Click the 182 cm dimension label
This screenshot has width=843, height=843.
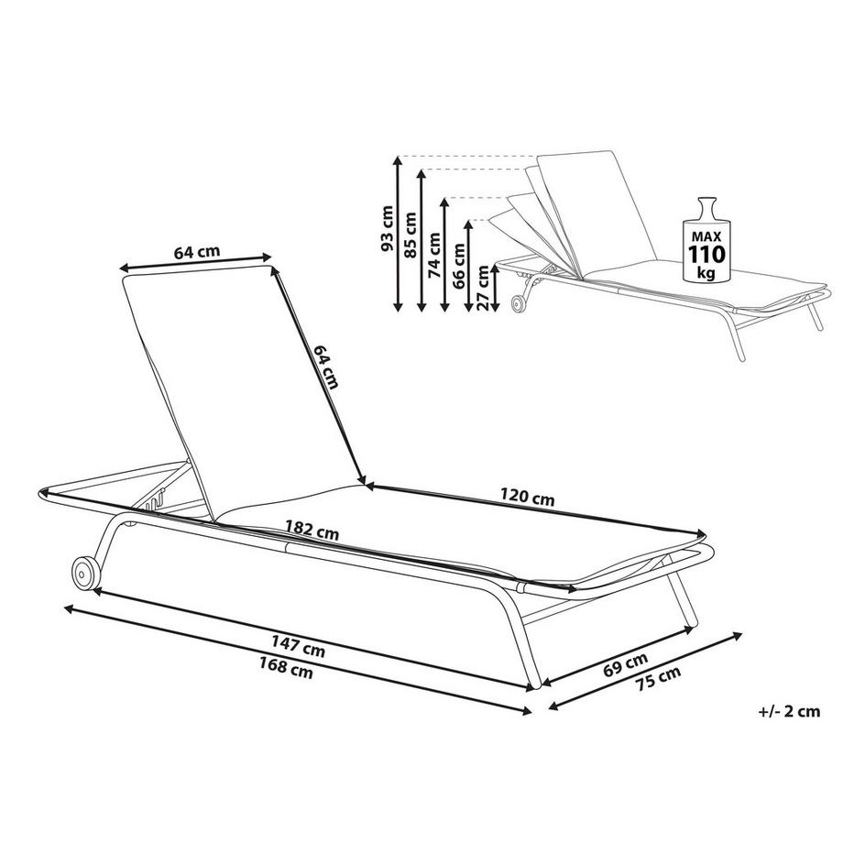pyautogui.click(x=312, y=530)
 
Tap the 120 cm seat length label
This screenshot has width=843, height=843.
pyautogui.click(x=527, y=497)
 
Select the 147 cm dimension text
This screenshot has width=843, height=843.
pyautogui.click(x=298, y=646)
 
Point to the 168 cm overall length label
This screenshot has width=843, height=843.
pyautogui.click(x=286, y=667)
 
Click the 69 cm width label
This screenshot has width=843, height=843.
pyautogui.click(x=625, y=664)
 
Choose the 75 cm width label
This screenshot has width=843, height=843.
pyautogui.click(x=658, y=678)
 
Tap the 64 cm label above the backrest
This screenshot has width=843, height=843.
pyautogui.click(x=197, y=252)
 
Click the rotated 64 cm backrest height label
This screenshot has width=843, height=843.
pyautogui.click(x=326, y=367)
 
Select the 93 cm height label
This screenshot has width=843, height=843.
pyautogui.click(x=386, y=228)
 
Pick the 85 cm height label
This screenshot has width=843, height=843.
pyautogui.click(x=410, y=235)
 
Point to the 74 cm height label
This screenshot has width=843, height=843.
pyautogui.click(x=433, y=255)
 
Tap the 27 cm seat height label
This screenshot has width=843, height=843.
pyautogui.click(x=482, y=288)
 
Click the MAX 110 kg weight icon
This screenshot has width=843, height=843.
pyautogui.click(x=706, y=239)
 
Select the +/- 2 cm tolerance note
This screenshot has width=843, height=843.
pyautogui.click(x=789, y=711)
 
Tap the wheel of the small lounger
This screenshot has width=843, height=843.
pyautogui.click(x=520, y=304)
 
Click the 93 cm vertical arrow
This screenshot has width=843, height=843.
pyautogui.click(x=398, y=234)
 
